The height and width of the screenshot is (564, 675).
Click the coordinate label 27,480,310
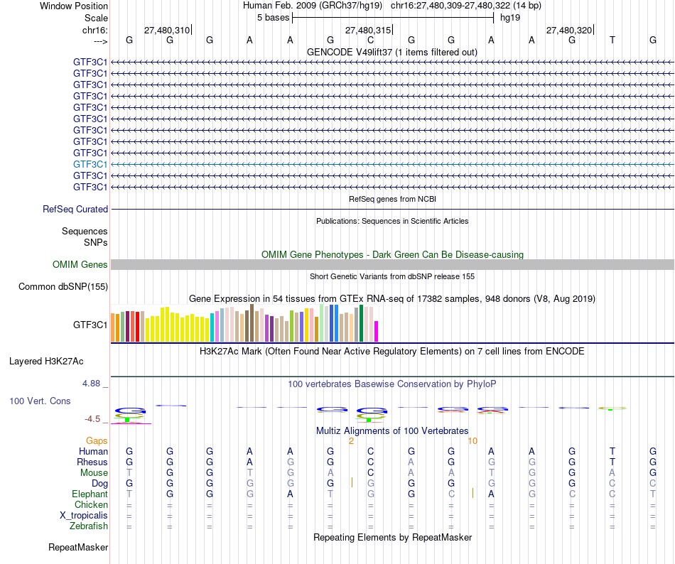167,31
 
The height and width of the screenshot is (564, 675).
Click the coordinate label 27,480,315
367,31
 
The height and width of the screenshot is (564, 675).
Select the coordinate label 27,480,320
568,31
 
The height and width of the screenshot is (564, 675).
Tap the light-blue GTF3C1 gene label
90,164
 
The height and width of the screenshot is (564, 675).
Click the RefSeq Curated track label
75,210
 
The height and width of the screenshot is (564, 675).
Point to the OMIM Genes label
80,265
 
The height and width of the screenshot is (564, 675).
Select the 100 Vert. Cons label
40,401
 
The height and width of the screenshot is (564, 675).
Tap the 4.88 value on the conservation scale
94,384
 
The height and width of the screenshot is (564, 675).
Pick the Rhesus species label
92,462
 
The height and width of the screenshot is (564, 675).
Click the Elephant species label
90,494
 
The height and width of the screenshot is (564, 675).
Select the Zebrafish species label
89,526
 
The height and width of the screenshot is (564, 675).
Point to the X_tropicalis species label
84,516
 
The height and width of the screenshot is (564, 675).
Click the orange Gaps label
97,441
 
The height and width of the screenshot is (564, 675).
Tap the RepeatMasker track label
78,548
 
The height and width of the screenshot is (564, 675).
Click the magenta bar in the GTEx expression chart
377,332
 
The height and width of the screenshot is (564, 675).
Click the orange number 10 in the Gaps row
472,441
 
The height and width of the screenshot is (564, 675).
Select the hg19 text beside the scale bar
510,16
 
